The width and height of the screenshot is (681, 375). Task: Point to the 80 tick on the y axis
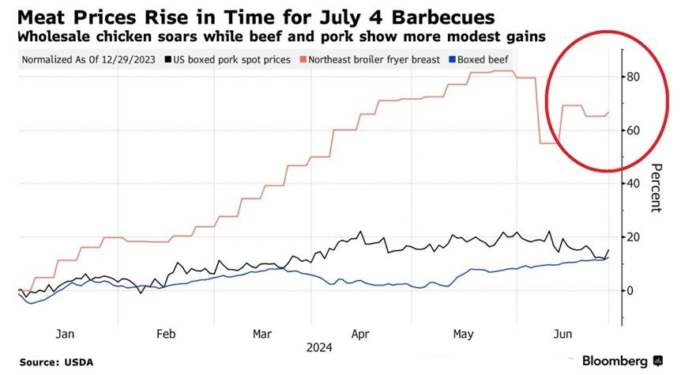click(634, 77)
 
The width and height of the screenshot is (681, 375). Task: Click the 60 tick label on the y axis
click(634, 131)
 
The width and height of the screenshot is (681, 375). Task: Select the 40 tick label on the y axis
click(634, 184)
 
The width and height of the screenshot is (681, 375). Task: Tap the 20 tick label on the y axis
click(634, 237)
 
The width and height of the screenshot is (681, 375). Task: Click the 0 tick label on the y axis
click(630, 290)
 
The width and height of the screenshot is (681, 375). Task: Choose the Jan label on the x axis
click(66, 334)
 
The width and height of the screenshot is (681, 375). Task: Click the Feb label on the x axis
click(166, 334)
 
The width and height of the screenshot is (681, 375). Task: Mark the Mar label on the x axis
click(263, 334)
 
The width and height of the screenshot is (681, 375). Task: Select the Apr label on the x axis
click(361, 334)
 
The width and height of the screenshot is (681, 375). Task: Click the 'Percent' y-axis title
click(656, 187)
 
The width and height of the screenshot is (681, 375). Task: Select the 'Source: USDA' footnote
click(56, 362)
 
